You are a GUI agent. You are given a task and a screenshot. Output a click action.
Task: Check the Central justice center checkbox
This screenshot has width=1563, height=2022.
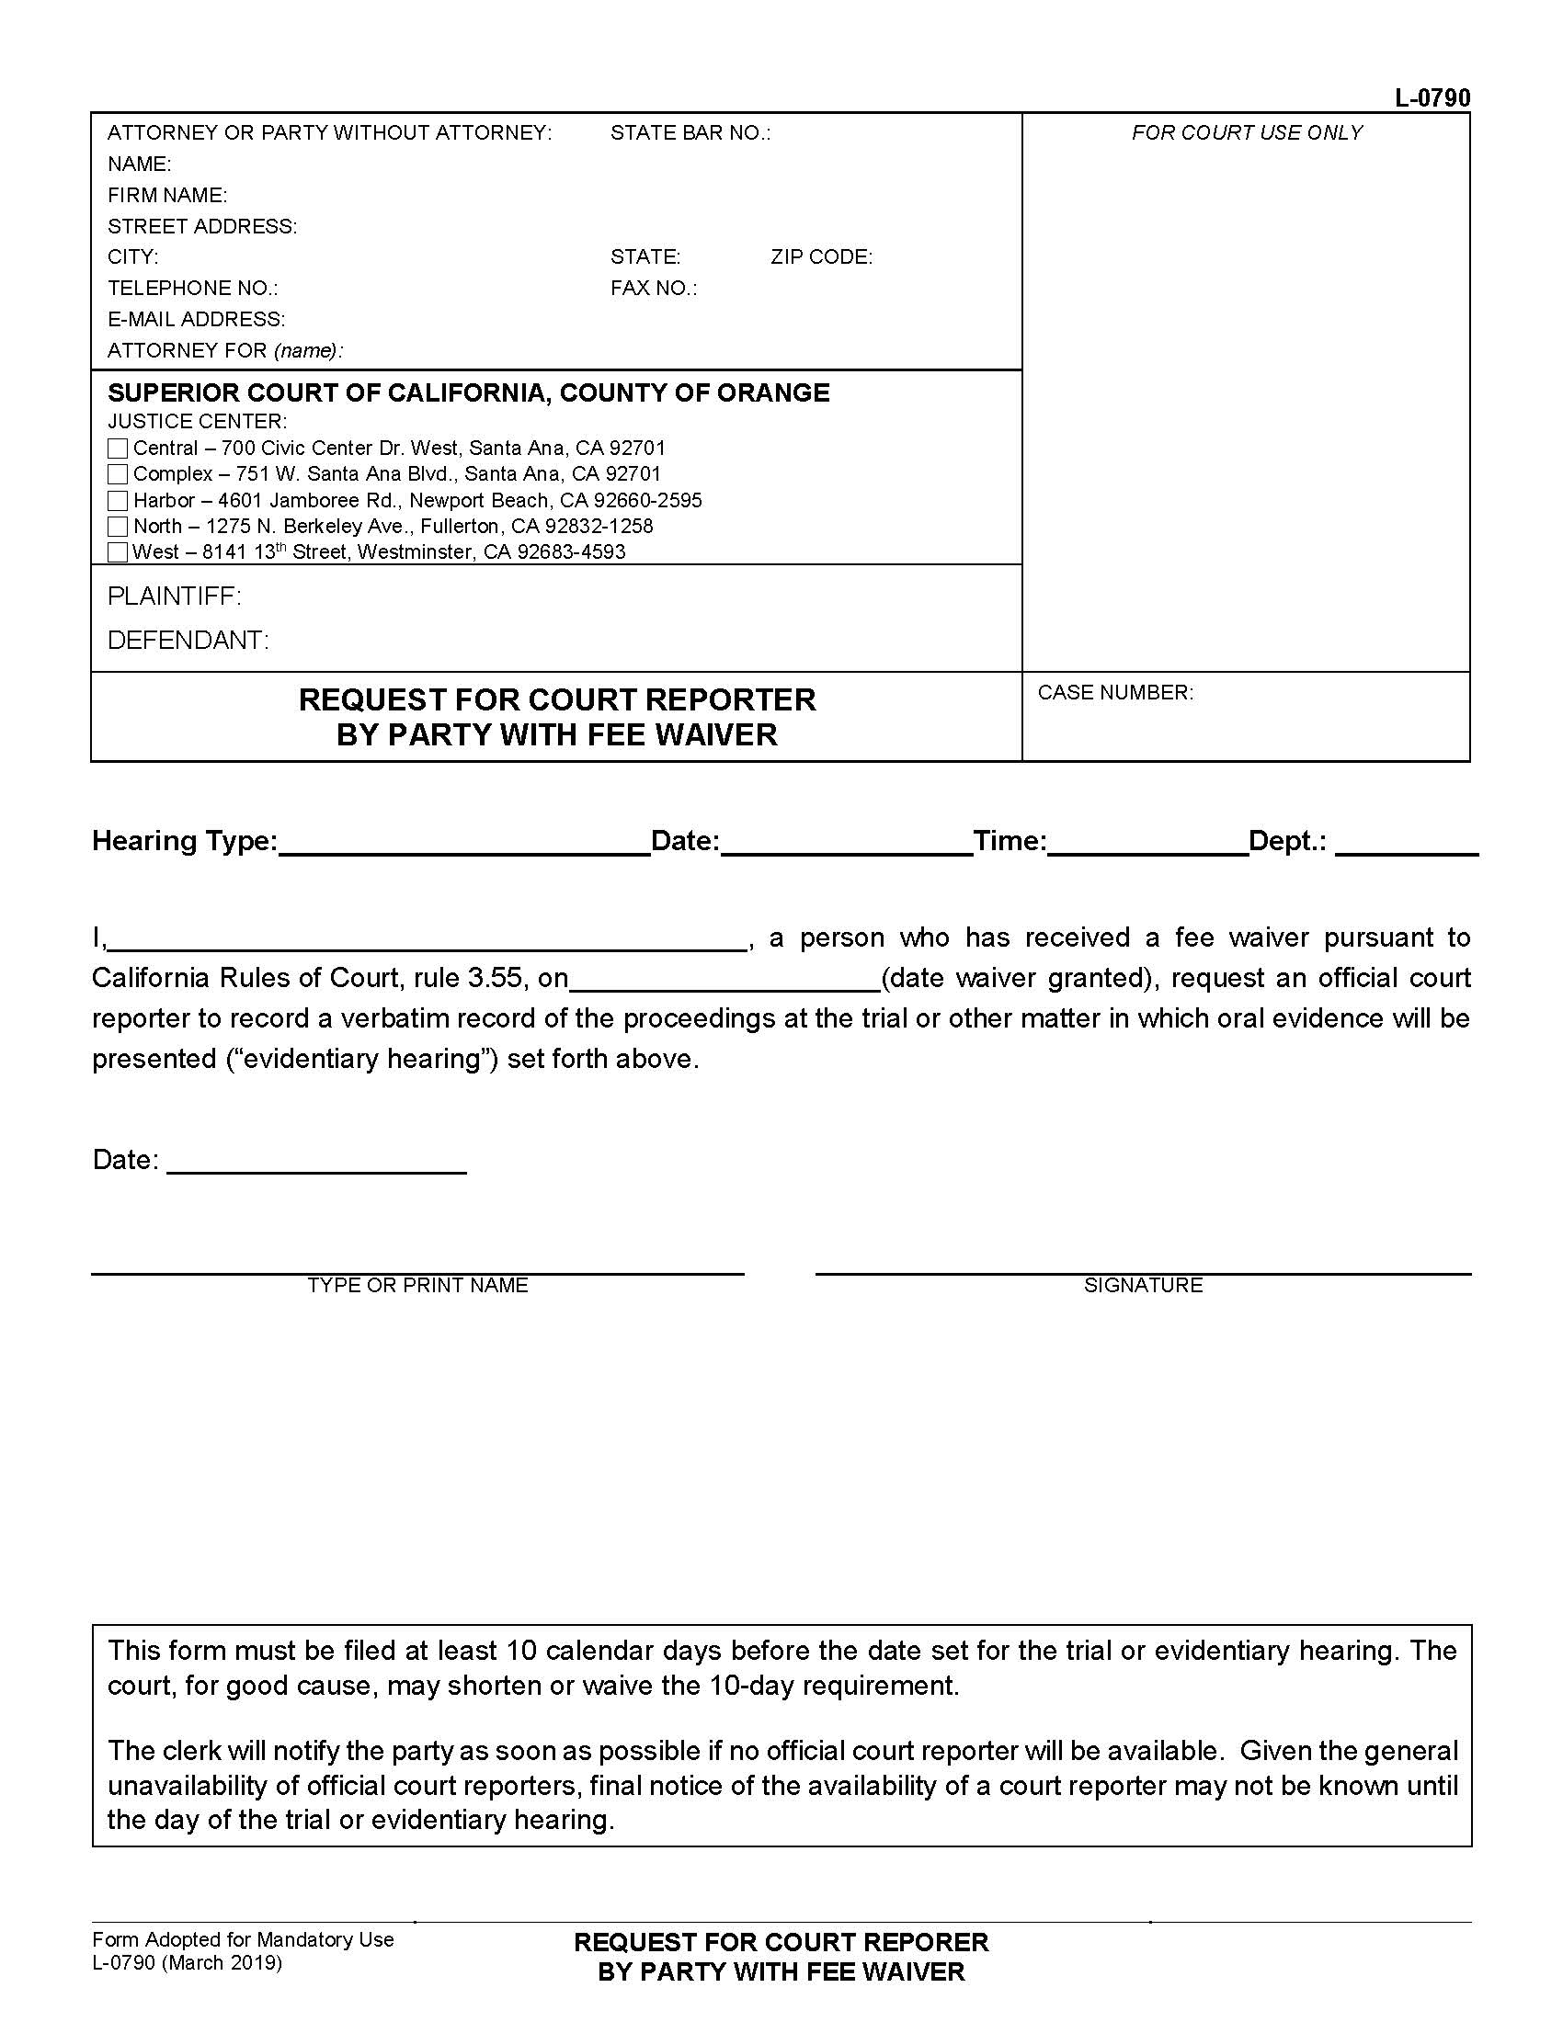(117, 449)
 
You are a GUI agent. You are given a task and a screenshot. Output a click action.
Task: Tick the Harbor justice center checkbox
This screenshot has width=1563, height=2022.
(117, 501)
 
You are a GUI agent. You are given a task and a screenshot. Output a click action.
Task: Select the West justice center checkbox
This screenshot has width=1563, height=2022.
(117, 552)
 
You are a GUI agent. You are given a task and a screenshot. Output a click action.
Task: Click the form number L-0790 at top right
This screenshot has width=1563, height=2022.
(1432, 98)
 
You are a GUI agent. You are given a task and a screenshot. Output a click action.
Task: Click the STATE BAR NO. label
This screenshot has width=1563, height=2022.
(690, 133)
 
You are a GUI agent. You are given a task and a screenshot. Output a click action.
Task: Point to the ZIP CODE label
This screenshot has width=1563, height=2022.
(821, 257)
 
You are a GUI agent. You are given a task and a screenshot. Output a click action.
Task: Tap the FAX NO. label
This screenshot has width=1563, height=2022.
(653, 289)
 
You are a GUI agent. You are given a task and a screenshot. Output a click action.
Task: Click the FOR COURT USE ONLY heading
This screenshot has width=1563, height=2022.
(1247, 133)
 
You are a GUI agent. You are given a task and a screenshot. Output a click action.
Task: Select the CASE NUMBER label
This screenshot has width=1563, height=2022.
(1115, 692)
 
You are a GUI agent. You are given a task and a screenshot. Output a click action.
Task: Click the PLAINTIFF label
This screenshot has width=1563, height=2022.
(174, 596)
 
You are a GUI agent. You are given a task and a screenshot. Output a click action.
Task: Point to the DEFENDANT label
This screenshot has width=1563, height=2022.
(188, 641)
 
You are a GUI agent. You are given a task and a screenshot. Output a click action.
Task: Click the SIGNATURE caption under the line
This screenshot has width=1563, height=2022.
(1143, 1285)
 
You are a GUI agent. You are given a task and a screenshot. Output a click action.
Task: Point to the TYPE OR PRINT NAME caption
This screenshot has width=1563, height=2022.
(417, 1285)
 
